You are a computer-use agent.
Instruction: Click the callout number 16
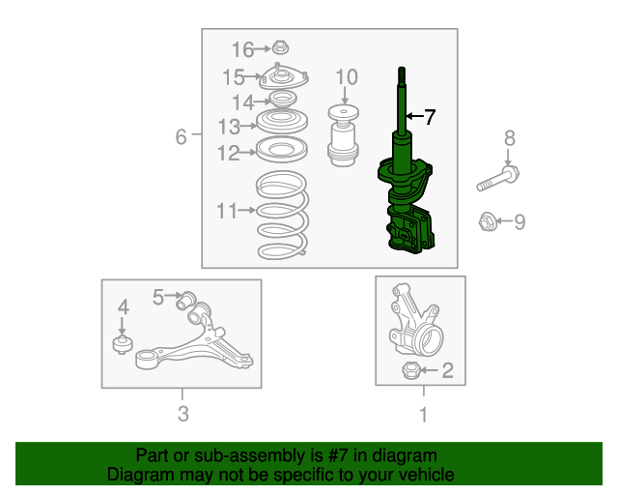click(242, 50)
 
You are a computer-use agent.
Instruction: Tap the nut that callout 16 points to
click(280, 47)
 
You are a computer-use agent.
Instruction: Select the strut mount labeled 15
click(283, 77)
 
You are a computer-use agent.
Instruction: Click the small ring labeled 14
click(282, 99)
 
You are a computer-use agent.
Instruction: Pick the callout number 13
click(229, 127)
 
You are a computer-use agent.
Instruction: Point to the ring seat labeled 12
click(282, 150)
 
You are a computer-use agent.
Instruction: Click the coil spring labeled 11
click(282, 216)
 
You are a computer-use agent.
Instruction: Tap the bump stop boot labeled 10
click(344, 135)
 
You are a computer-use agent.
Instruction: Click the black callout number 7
click(429, 117)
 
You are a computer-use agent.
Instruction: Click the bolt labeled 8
click(498, 179)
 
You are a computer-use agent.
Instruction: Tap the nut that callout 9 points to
click(488, 221)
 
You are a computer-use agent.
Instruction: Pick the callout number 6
click(181, 137)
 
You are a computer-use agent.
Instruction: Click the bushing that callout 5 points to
click(185, 301)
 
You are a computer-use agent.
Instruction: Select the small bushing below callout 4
click(123, 344)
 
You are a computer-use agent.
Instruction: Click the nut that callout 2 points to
click(410, 370)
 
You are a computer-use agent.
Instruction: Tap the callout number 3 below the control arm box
click(183, 414)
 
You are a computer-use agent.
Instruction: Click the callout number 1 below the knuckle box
click(424, 415)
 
